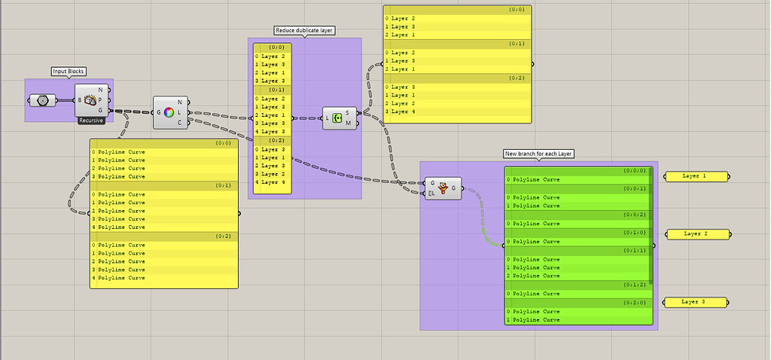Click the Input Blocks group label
pyautogui.click(x=69, y=72)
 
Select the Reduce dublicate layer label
pyautogui.click(x=304, y=31)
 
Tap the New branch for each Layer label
pyautogui.click(x=538, y=154)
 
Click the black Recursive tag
pyautogui.click(x=90, y=121)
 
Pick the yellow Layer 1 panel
pyautogui.click(x=696, y=176)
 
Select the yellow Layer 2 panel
pyautogui.click(x=697, y=234)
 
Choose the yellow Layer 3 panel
pyautogui.click(x=696, y=302)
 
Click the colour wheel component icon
pyautogui.click(x=169, y=112)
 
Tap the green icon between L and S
pyautogui.click(x=337, y=117)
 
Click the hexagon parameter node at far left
pyautogui.click(x=42, y=100)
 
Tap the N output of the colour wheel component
pyautogui.click(x=179, y=102)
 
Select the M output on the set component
pyautogui.click(x=347, y=123)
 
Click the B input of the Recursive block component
pyautogui.click(x=79, y=100)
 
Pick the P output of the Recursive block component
pyautogui.click(x=99, y=100)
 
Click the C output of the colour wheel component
pyautogui.click(x=179, y=123)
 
